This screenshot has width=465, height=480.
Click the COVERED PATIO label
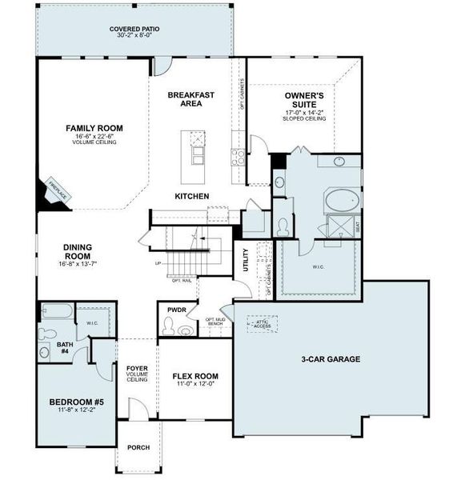[x=135, y=28]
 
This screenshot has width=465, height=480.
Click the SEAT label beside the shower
[x=357, y=227]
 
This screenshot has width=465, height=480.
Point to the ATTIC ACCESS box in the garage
[x=263, y=323]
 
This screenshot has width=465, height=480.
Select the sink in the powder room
[x=186, y=330]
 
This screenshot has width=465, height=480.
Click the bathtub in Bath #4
[x=56, y=312]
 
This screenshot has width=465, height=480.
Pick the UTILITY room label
[x=246, y=261]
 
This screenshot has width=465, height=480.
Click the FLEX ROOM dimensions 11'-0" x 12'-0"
[x=195, y=385]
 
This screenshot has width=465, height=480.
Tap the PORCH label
[x=139, y=447]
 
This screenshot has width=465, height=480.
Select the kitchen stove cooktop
[x=238, y=157]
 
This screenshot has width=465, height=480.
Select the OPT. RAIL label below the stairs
[x=182, y=281]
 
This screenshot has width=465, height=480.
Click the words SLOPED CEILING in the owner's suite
[x=304, y=119]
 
